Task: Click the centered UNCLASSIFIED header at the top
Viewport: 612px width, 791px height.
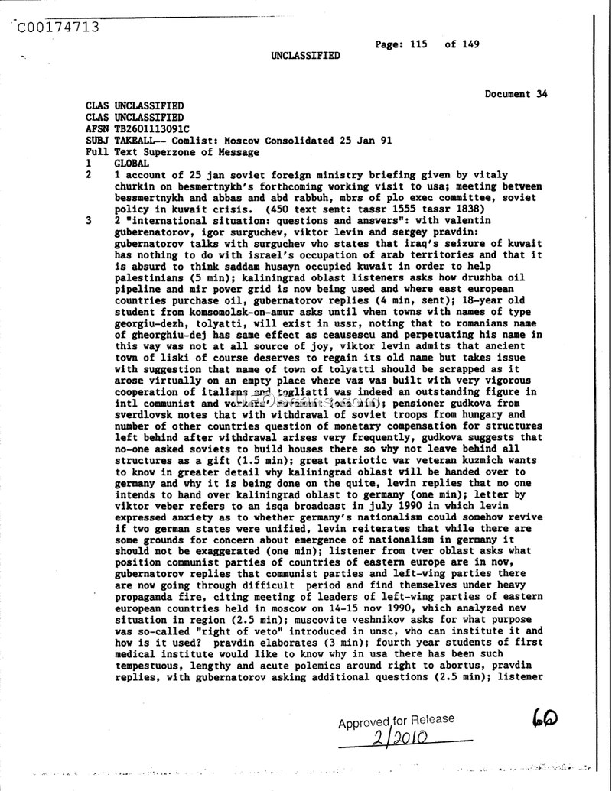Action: tap(305, 56)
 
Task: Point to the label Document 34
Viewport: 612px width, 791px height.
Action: tap(516, 94)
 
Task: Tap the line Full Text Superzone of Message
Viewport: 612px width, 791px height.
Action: tap(172, 152)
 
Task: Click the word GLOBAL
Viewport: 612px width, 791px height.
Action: tap(132, 164)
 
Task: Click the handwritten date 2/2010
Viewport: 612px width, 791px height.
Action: tap(400, 738)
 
